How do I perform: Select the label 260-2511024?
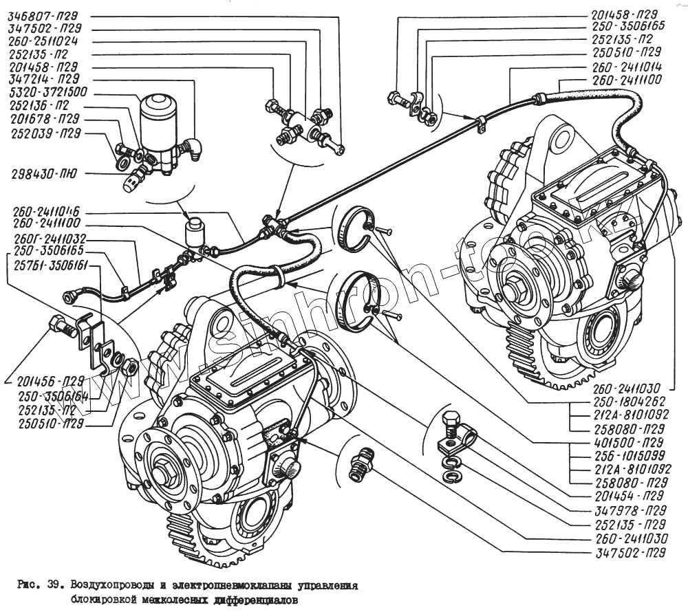tap(43, 41)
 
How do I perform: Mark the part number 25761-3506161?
tap(43, 263)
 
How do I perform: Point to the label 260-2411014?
tap(627, 69)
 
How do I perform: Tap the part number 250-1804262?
tap(623, 401)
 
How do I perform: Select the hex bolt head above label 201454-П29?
tap(451, 420)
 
